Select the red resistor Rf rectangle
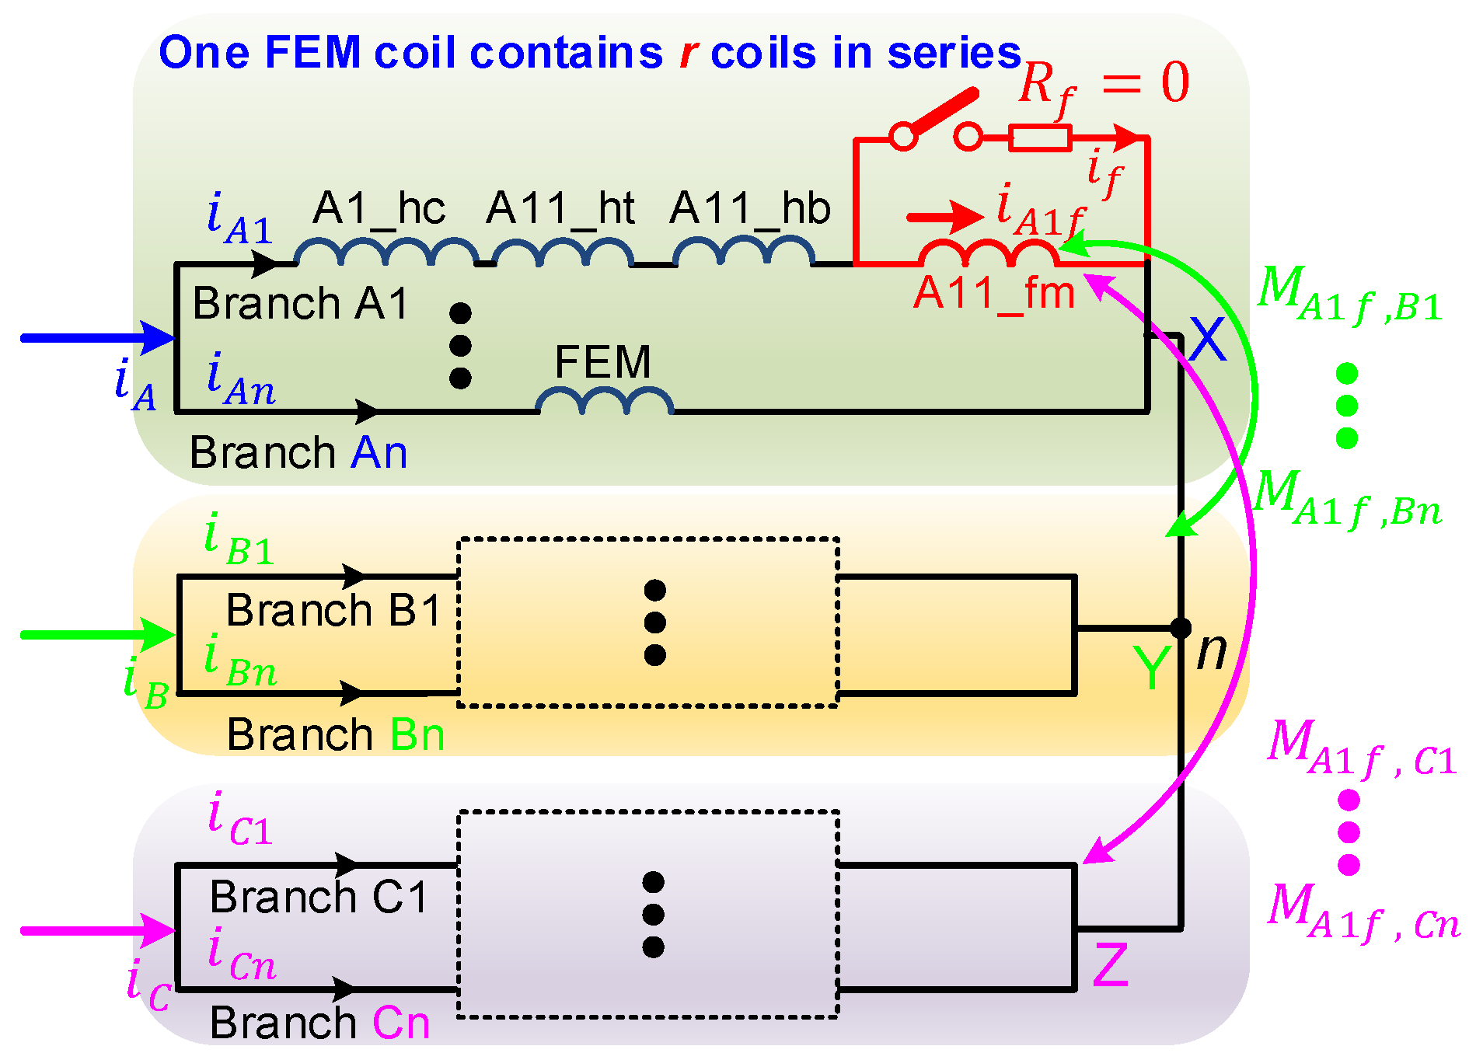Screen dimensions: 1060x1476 point(1040,138)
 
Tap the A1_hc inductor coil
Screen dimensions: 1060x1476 point(386,253)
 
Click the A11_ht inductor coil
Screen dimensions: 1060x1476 point(562,253)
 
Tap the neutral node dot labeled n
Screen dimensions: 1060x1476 point(1180,627)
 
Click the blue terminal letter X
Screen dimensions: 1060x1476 point(1207,340)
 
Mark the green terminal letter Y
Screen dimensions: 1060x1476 point(1150,668)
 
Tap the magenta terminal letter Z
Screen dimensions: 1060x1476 point(1110,965)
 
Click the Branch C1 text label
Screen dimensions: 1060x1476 point(319,897)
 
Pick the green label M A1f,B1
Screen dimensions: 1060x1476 point(1349,295)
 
